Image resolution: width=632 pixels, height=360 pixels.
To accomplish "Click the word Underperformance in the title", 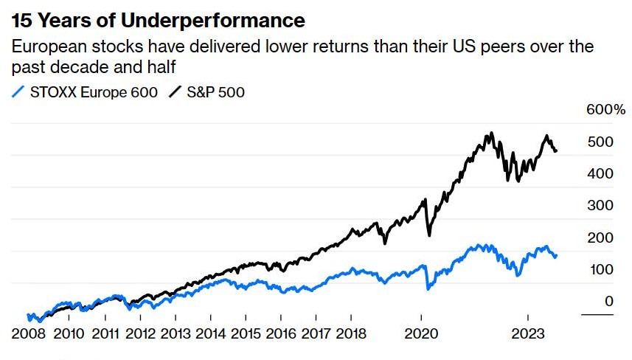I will pyautogui.click(x=220, y=20).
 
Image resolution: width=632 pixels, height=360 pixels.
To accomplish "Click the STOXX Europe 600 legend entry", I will pyautogui.click(x=91, y=92).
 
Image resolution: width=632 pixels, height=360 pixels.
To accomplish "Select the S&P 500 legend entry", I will pyautogui.click(x=215, y=92).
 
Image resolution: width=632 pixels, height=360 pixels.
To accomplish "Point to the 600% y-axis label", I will pyautogui.click(x=605, y=110).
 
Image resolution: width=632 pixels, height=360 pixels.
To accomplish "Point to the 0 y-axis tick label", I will pyautogui.click(x=608, y=301).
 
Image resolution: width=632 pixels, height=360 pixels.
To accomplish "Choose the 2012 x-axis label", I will pyautogui.click(x=142, y=333).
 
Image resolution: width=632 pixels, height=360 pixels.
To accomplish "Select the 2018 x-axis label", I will pyautogui.click(x=352, y=333).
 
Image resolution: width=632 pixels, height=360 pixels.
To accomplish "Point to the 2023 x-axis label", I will pyautogui.click(x=528, y=333).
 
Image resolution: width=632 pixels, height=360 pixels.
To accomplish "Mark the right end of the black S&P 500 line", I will pyautogui.click(x=556, y=151).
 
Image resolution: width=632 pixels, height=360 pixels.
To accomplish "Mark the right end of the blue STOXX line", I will pyautogui.click(x=556, y=256).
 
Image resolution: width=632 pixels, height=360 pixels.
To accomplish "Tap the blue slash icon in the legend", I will pyautogui.click(x=18, y=92).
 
